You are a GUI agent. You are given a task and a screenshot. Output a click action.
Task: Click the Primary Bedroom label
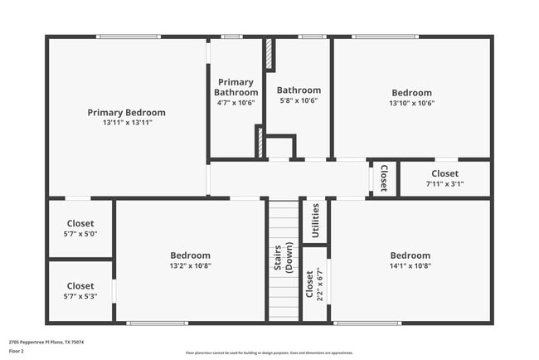coord(127,112)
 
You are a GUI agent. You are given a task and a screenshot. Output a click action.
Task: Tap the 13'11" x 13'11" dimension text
coord(127,123)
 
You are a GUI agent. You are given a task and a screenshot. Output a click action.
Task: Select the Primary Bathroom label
coord(236,87)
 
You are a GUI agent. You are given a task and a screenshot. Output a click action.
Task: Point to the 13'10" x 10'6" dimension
coord(411,104)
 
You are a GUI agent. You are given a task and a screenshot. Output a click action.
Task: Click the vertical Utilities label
coord(315,220)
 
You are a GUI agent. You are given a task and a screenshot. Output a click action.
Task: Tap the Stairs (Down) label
coord(283,257)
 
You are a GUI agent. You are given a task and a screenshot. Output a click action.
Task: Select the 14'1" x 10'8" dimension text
coord(410,266)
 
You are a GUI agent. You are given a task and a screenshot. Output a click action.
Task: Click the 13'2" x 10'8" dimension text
coord(190,266)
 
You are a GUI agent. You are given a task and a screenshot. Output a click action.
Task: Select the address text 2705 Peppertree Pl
coord(46,342)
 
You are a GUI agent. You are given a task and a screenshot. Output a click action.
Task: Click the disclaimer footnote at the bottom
coord(269,353)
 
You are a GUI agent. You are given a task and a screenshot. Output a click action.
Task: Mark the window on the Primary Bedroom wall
coord(128,36)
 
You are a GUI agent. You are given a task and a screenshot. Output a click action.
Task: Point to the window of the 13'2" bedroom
coord(158,323)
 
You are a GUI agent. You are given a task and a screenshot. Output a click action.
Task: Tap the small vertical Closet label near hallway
coord(383,178)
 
